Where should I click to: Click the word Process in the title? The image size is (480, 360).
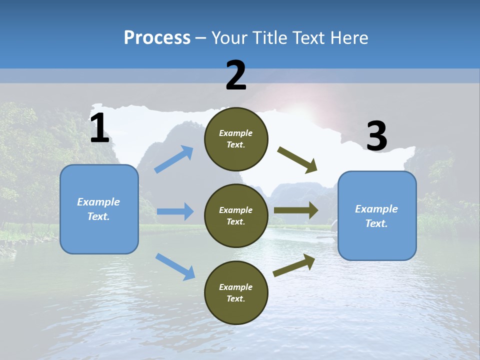(157, 37)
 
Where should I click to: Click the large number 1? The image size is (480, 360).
(99, 128)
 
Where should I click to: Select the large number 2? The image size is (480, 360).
(235, 75)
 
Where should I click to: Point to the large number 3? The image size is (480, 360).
(376, 136)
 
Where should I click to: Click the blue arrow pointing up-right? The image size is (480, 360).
(173, 159)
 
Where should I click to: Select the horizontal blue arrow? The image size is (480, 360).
(175, 211)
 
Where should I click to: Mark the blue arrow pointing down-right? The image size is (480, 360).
(175, 266)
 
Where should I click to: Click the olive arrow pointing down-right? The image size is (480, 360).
(297, 160)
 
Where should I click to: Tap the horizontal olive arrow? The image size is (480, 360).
(296, 210)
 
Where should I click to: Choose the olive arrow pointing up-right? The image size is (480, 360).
(294, 265)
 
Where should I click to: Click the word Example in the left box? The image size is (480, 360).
(98, 202)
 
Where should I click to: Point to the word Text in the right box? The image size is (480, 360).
(376, 223)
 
